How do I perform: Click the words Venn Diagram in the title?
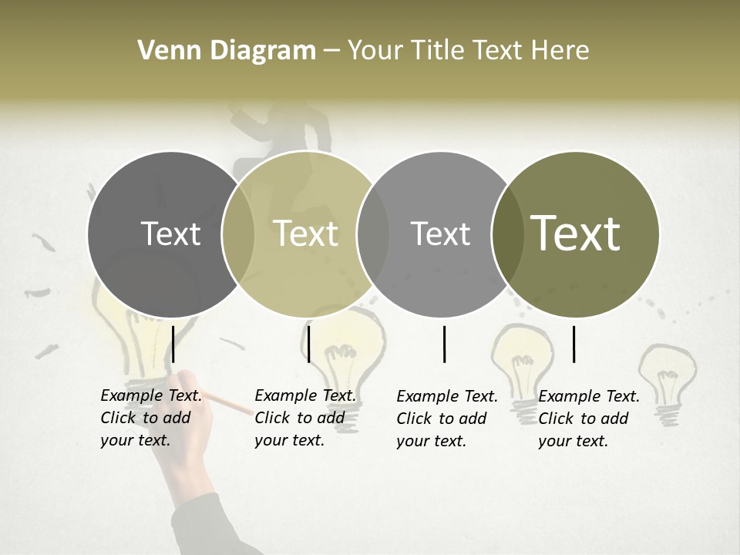[x=227, y=51]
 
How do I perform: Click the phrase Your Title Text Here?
[x=468, y=51]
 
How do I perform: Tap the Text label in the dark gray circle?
[x=170, y=234]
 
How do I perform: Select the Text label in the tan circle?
[x=306, y=234]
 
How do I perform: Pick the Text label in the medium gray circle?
[x=441, y=234]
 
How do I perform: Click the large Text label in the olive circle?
[x=576, y=233]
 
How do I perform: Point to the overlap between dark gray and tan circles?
[x=238, y=234]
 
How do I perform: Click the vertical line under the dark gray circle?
[x=173, y=344]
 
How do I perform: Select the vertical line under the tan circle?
[x=308, y=344]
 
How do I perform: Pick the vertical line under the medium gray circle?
[x=444, y=344]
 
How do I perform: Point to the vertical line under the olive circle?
[x=573, y=344]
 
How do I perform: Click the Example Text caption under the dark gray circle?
[x=151, y=418]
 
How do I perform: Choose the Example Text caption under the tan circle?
[x=305, y=418]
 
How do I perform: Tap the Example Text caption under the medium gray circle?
[x=447, y=419]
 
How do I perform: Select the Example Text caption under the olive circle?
[x=589, y=419]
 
